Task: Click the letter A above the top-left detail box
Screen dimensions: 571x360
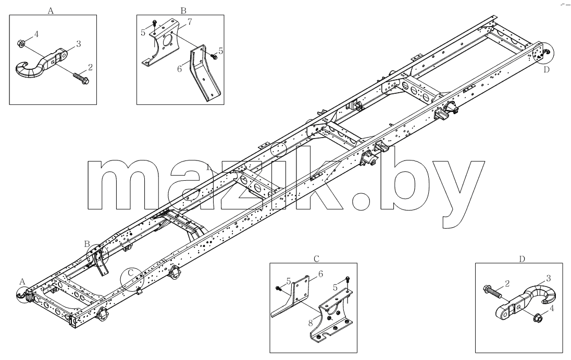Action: tap(51, 11)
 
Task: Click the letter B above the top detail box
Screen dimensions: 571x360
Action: tap(183, 10)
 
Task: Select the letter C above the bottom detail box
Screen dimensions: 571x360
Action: tap(316, 259)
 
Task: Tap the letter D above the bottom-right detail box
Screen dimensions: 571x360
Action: tap(522, 259)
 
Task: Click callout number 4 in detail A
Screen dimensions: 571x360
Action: tap(36, 34)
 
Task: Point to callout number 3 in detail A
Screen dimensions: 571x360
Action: tap(78, 44)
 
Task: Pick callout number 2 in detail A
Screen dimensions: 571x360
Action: tap(90, 67)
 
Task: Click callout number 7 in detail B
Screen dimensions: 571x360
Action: tap(190, 22)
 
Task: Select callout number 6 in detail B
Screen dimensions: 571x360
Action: tap(179, 69)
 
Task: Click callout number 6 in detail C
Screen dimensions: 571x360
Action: tap(320, 274)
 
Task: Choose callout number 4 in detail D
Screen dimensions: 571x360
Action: tap(552, 308)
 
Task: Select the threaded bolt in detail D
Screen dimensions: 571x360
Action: tap(492, 291)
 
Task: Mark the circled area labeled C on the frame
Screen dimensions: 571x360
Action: tap(132, 280)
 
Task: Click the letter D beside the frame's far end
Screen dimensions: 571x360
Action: tap(546, 70)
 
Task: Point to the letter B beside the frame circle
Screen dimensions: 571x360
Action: tap(86, 243)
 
